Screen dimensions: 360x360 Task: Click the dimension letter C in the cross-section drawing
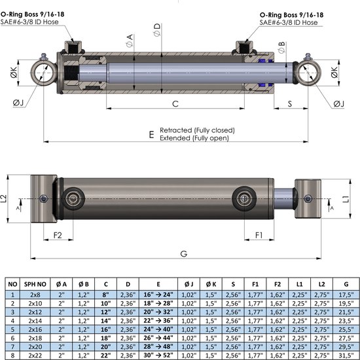coord(175,104)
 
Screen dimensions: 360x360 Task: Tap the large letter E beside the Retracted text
coord(151,134)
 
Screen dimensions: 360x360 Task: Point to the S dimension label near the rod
coord(290,103)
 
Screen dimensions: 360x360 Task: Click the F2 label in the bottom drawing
coord(57,234)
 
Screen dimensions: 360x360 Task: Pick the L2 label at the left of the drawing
coord(6,197)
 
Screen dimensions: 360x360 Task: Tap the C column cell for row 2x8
coord(105,295)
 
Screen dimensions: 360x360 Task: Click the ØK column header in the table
coord(210,284)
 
